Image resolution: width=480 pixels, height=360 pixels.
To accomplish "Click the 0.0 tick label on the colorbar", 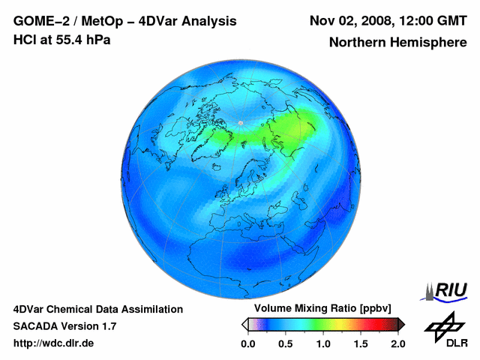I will (247, 343).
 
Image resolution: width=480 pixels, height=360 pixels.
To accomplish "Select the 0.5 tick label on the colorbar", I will (285, 343).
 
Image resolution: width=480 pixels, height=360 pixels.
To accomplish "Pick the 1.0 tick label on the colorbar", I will (322, 343).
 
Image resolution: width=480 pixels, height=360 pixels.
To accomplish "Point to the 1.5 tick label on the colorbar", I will (360, 343).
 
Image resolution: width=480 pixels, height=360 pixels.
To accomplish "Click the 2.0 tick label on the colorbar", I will (397, 343).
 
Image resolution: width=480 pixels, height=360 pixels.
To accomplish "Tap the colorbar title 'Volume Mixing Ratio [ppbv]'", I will (322, 309).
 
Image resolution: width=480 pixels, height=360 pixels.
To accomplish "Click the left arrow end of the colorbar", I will (244, 324).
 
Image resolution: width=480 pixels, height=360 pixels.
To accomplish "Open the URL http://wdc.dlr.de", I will (54, 343).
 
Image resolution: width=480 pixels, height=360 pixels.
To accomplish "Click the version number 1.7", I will (108, 326).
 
